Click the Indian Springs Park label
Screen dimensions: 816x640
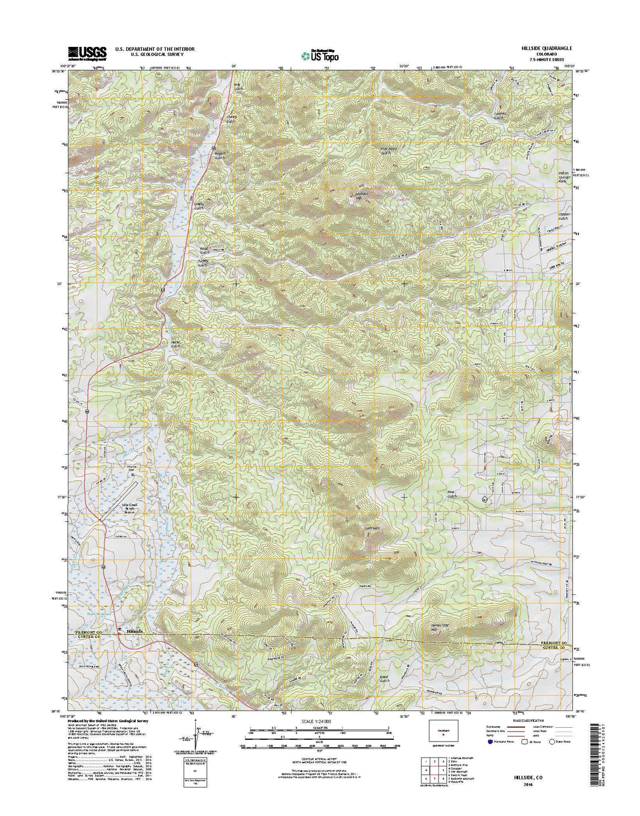point(563,177)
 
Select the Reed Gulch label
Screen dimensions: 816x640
point(384,678)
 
